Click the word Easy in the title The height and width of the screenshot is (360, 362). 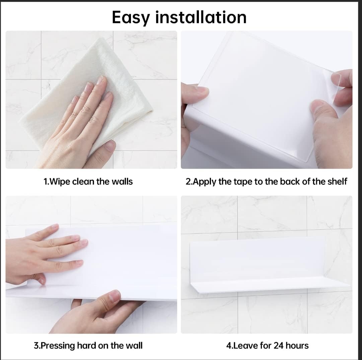click(x=131, y=17)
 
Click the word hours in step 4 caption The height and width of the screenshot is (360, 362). click(x=297, y=346)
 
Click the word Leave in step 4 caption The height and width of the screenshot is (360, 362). click(x=244, y=346)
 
